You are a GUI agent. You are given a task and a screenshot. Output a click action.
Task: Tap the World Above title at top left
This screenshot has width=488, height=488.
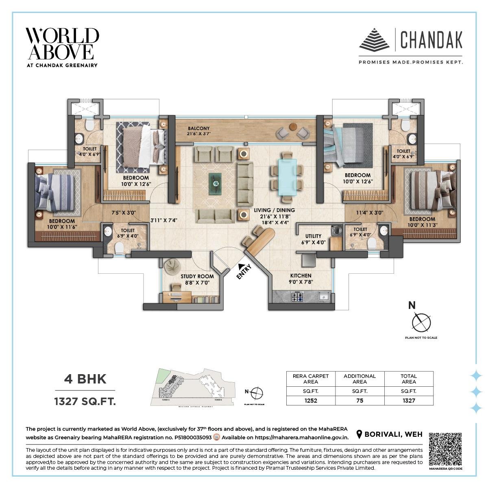(x=62, y=44)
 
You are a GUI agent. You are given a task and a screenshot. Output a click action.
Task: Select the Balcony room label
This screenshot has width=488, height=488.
(x=198, y=131)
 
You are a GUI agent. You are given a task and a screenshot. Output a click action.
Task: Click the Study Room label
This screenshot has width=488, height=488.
(x=197, y=279)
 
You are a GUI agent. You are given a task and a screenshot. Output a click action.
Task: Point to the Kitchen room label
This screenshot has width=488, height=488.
(x=301, y=278)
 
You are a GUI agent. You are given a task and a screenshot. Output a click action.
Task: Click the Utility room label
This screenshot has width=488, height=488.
(x=313, y=238)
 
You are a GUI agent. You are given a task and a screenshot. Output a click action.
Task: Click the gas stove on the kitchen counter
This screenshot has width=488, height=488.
(x=297, y=297)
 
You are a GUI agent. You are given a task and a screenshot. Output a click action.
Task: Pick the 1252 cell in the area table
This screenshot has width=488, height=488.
(x=311, y=400)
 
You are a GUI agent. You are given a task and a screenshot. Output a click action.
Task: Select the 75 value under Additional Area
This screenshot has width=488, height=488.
(x=359, y=400)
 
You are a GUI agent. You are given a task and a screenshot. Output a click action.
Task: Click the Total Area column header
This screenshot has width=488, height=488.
(x=408, y=379)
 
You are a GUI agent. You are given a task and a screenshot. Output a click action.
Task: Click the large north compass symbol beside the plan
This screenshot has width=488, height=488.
(x=421, y=322)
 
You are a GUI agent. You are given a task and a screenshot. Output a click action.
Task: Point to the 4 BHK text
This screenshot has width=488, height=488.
(x=85, y=379)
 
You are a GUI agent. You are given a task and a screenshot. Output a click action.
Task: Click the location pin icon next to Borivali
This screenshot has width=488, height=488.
(x=359, y=434)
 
